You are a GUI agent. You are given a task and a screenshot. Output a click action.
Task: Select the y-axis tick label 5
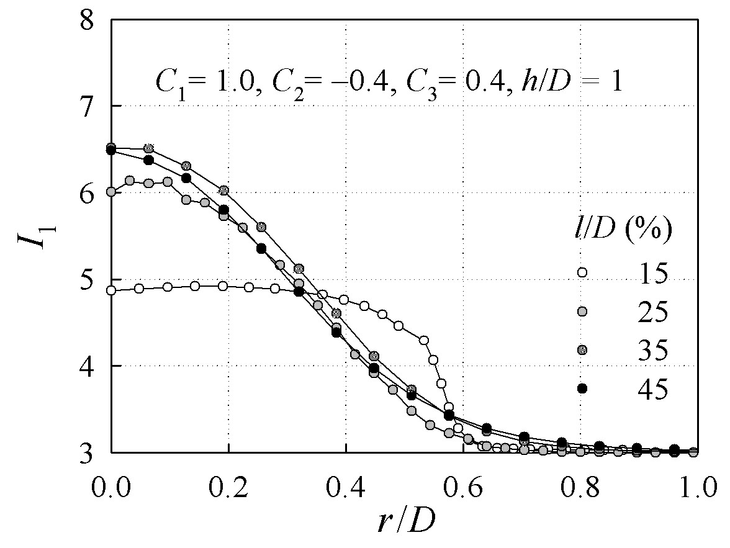pos(87,279)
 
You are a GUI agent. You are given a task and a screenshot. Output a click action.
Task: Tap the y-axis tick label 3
pos(87,452)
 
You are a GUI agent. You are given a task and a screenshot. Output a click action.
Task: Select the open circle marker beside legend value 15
pos(582,272)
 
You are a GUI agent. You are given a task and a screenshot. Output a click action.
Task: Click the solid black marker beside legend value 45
pos(582,388)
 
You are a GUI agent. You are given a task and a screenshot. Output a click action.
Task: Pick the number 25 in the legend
pos(653,311)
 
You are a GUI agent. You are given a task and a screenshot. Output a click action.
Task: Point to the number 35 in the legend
pos(653,349)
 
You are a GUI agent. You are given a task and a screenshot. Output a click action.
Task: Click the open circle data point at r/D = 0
pos(110,290)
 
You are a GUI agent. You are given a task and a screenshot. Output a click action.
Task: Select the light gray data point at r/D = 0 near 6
pos(110,191)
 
